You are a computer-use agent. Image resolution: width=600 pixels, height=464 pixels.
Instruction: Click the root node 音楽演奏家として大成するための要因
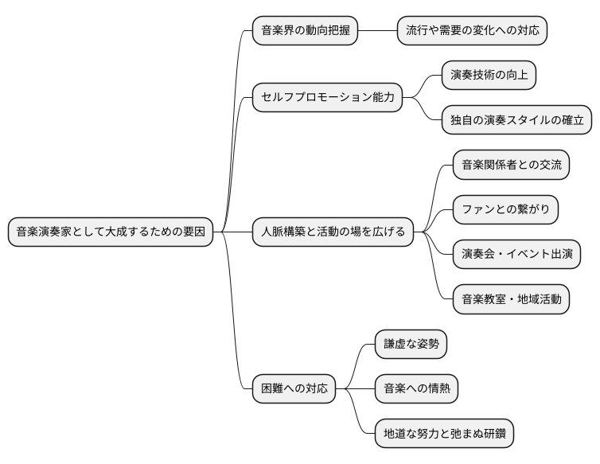click(111, 232)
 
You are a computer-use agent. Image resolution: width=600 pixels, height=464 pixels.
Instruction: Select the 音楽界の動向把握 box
click(305, 31)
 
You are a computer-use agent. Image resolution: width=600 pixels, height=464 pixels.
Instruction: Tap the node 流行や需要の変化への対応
click(472, 31)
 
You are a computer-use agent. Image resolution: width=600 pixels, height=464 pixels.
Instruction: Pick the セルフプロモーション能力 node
click(327, 98)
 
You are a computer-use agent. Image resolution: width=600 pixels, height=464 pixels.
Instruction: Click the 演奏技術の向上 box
click(489, 76)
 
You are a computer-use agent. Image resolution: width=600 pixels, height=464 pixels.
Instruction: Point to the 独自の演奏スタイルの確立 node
click(516, 120)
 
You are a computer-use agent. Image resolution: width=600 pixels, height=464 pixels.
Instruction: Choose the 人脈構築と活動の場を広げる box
click(333, 232)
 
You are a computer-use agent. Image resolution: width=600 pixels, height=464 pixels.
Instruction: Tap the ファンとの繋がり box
click(505, 210)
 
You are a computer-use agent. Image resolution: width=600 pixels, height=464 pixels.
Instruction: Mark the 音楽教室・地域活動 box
click(511, 299)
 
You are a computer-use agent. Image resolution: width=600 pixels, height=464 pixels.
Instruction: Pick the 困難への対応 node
click(294, 389)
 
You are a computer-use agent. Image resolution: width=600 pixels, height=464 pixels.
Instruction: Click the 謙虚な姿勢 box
click(411, 345)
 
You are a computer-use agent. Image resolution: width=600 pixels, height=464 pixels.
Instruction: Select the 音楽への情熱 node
click(416, 389)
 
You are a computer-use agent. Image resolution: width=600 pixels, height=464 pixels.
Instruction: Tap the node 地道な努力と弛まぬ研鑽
click(444, 434)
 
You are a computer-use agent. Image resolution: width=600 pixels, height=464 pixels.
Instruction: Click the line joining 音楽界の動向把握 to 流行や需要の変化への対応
click(377, 31)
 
